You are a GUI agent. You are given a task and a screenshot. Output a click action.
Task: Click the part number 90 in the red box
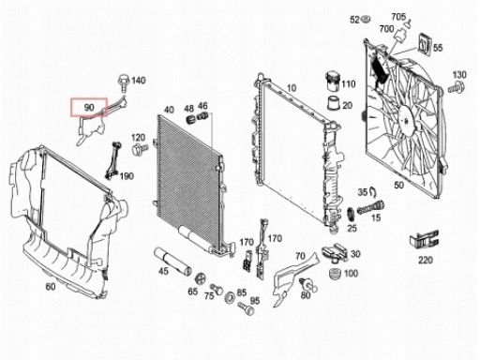coord(89,108)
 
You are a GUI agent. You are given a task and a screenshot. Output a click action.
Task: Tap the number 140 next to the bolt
coord(138,81)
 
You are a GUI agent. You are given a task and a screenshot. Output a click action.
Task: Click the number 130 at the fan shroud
coord(459,74)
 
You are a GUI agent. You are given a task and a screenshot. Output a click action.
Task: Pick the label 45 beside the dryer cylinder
coord(162,271)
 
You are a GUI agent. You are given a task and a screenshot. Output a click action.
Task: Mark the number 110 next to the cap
coord(349,84)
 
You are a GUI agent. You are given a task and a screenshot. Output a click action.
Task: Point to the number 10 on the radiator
coord(292,88)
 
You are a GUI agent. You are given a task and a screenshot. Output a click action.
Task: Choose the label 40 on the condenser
coord(169,111)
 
